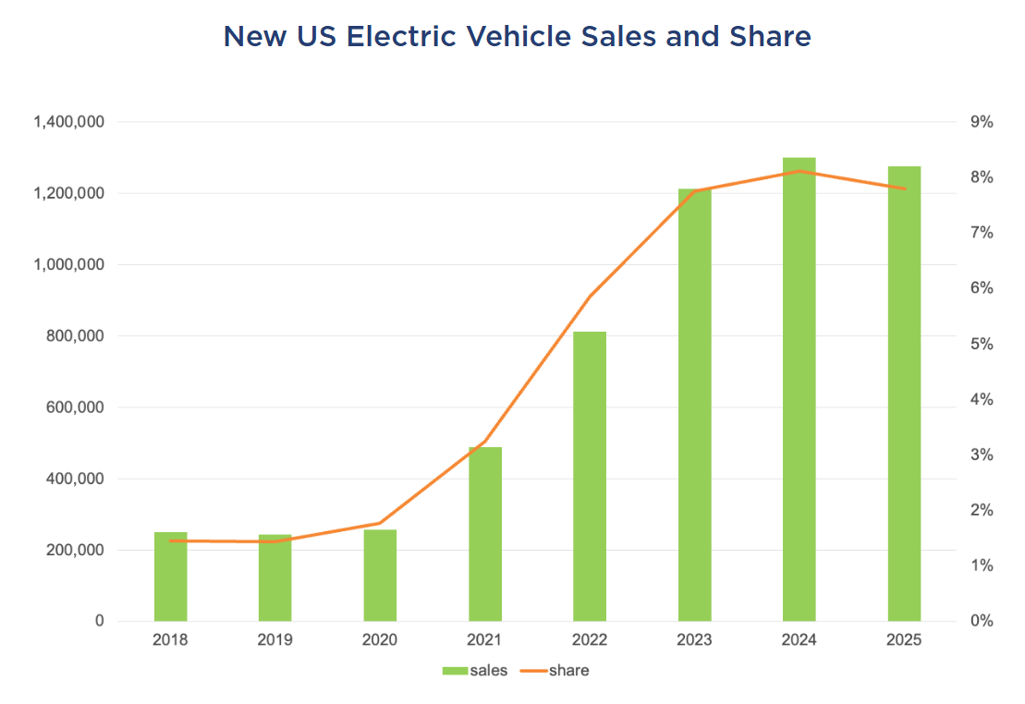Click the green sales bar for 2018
point(170,577)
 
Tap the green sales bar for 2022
point(590,476)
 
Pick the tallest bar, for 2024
point(799,389)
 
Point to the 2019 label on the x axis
point(275,640)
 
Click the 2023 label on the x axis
point(694,640)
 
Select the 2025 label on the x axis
point(904,640)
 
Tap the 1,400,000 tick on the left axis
point(68,122)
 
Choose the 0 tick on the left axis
point(99,622)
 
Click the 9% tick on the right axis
point(981,122)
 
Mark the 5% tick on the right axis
point(981,344)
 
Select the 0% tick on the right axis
point(981,622)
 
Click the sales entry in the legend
point(475,671)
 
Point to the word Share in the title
point(770,37)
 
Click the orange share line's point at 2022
point(590,297)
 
